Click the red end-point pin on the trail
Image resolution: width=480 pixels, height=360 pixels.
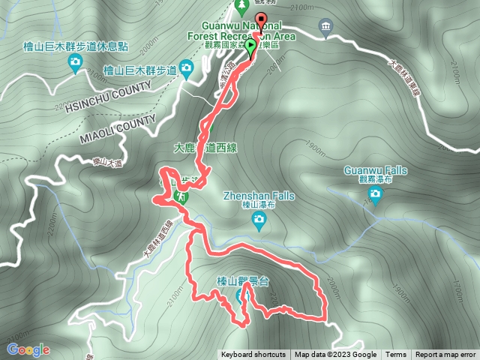260,20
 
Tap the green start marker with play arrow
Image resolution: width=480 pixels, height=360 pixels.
250,45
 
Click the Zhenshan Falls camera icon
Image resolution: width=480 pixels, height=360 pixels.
259,219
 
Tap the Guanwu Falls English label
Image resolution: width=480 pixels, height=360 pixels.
375,170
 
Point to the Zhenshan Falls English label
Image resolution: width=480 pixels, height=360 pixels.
259,196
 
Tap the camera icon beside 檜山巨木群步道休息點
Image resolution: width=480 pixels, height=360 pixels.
75,64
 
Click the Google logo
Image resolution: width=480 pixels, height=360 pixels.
28,349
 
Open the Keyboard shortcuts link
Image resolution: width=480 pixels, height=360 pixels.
253,355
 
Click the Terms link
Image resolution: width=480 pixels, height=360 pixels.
396,355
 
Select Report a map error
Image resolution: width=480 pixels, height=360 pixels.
445,355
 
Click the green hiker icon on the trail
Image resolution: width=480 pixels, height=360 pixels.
181,195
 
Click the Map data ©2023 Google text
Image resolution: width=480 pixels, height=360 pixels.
335,355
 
